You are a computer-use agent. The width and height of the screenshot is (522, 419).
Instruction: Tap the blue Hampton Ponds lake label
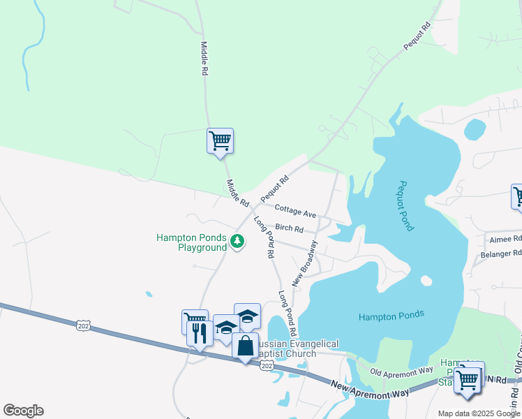click(391, 316)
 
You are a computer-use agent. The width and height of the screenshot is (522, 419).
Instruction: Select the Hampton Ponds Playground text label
click(192, 242)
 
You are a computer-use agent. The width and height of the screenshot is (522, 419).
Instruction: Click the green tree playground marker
click(238, 242)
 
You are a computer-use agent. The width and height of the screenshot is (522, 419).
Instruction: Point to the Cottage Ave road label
click(295, 209)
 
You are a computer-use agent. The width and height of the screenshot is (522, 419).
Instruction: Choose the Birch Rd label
click(289, 228)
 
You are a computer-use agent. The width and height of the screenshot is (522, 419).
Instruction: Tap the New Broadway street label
click(305, 263)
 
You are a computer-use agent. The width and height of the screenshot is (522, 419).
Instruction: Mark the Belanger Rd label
click(501, 255)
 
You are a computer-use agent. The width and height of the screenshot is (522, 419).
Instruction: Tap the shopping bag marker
click(246, 347)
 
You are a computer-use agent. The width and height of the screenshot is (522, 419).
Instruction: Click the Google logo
click(23, 410)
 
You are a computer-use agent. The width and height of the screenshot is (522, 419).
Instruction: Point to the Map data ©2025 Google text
click(479, 413)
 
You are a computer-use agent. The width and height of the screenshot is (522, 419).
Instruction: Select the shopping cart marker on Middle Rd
click(220, 141)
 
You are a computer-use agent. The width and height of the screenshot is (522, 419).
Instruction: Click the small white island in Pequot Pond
click(426, 281)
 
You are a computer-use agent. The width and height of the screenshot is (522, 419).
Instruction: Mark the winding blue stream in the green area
click(29, 56)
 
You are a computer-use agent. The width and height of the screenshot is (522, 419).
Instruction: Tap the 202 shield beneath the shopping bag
click(267, 367)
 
